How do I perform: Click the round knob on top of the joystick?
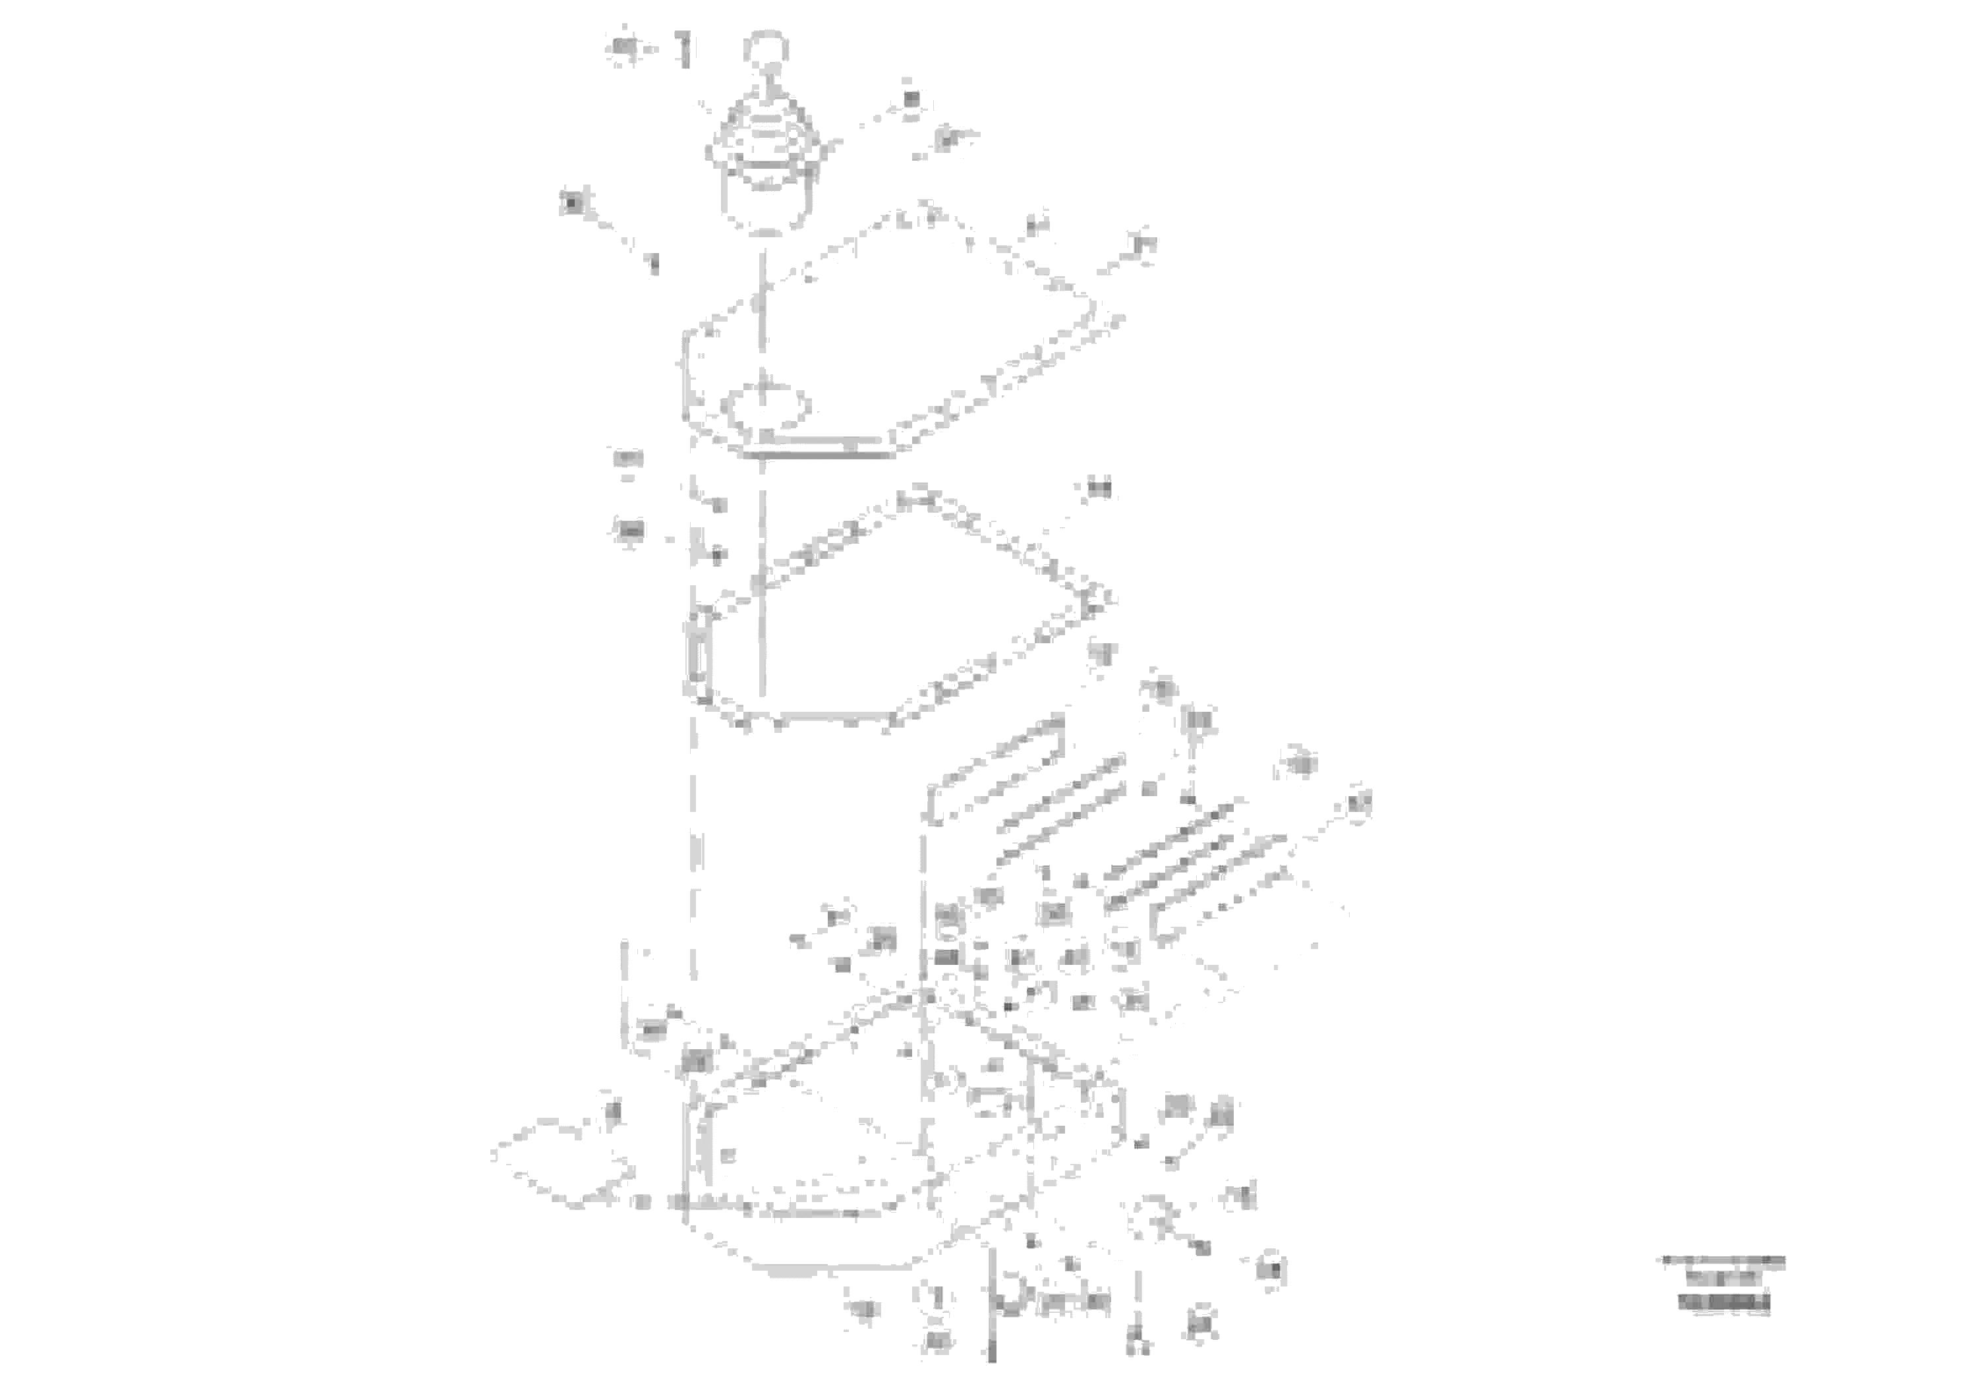pos(766,46)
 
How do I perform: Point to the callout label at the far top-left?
pos(625,49)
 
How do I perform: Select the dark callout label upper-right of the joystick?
pos(911,99)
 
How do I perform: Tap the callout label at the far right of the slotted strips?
pos(1359,803)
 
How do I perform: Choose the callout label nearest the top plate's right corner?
pos(1143,245)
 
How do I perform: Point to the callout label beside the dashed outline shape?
pos(613,1112)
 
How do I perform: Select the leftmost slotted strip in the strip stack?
pos(996,774)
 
